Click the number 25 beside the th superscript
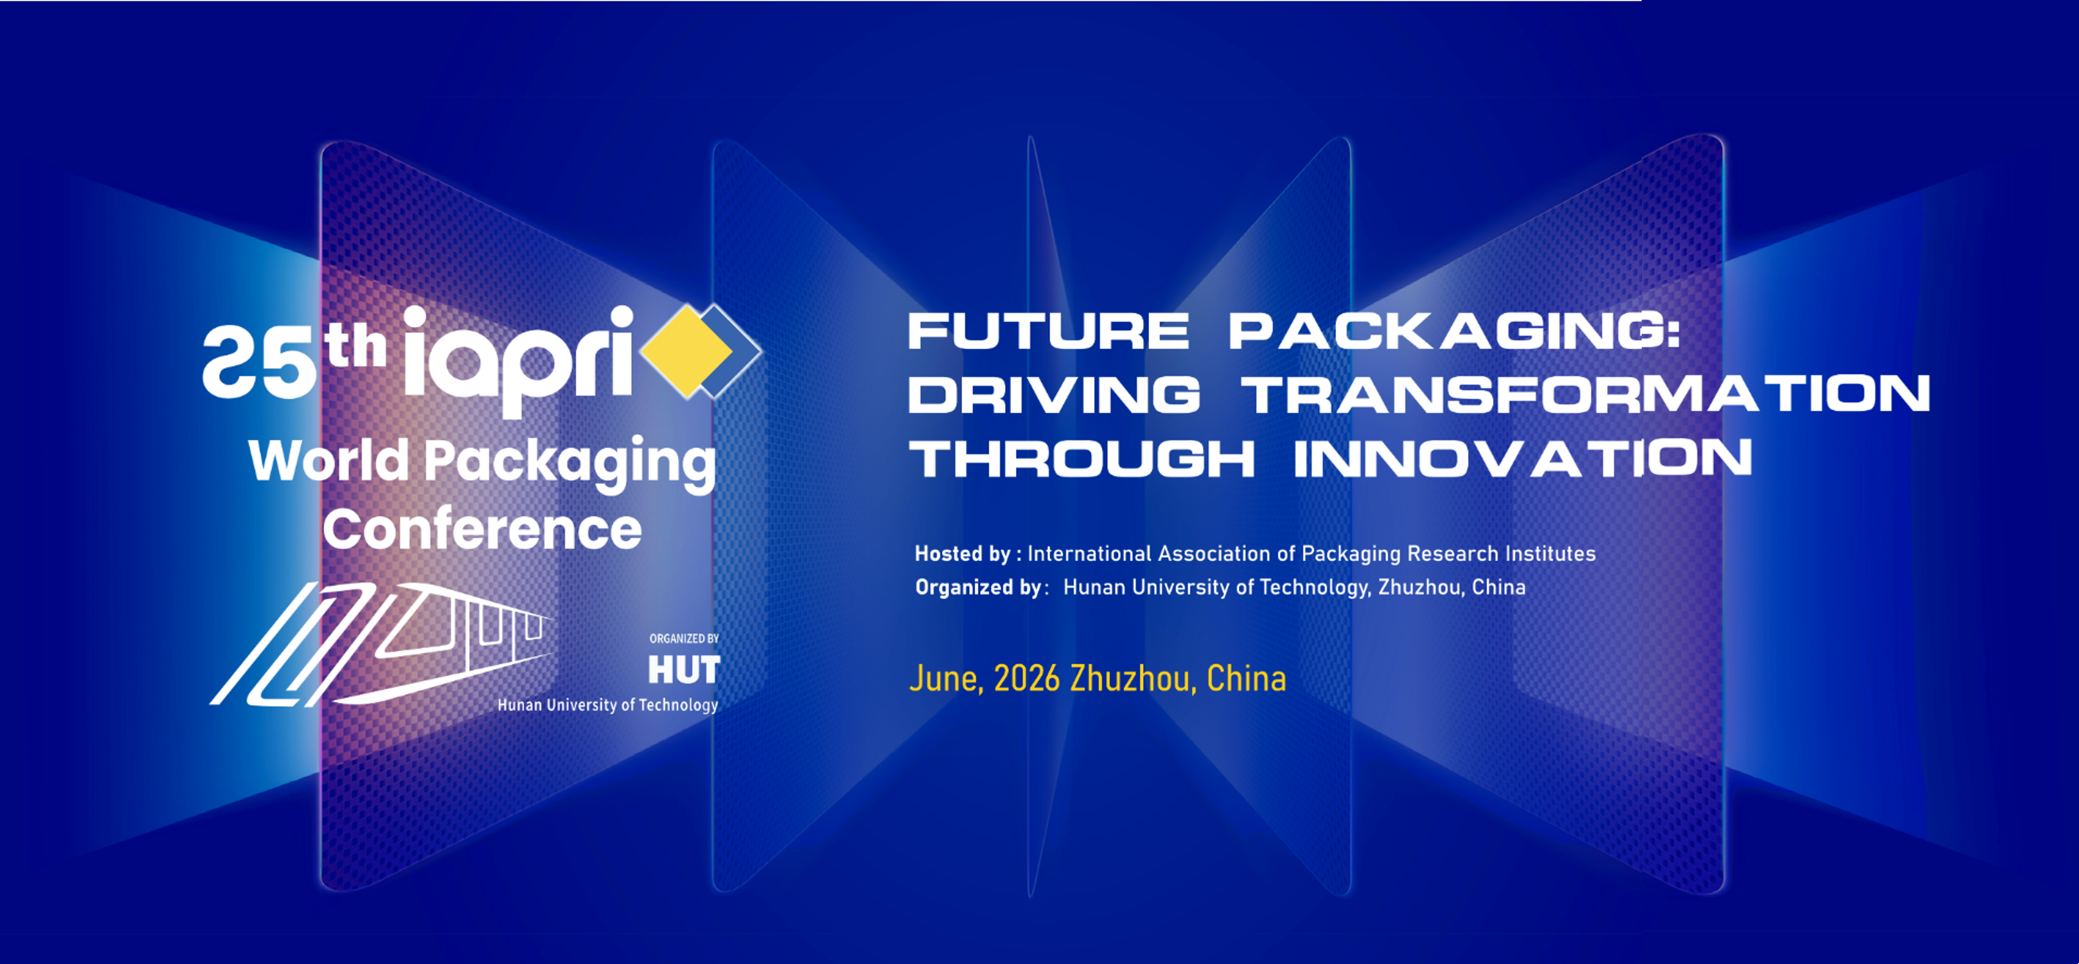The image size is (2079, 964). pos(258,363)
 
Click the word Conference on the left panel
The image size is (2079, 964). pos(482,529)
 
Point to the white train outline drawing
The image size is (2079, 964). pos(381,644)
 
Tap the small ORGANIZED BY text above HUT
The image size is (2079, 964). pos(683,639)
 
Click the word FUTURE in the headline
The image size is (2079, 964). pos(1048,331)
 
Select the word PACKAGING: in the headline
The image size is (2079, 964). pos(1454,331)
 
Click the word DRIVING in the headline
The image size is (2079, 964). pos(1054,395)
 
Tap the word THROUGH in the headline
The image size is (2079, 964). pos(1082,459)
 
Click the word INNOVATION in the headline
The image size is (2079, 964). pos(1523,459)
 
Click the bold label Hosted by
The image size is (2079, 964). pos(962,554)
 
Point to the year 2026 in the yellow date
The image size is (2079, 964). pos(1027,679)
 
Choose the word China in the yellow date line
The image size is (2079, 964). pos(1246,679)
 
